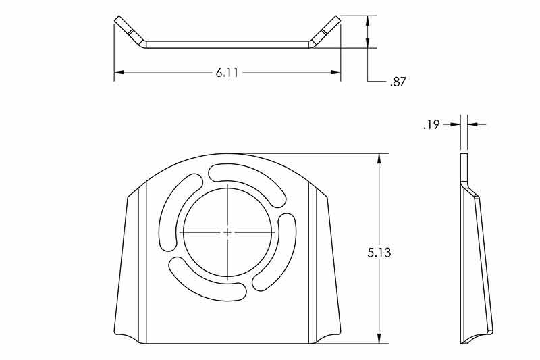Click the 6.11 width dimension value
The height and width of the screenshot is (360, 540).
point(227,72)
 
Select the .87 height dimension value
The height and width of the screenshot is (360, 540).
point(398,82)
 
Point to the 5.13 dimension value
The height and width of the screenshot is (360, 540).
point(379,253)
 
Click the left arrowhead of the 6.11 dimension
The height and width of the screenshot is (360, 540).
point(119,72)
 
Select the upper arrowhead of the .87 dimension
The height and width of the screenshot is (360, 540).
point(367,20)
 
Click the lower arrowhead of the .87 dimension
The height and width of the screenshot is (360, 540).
point(367,43)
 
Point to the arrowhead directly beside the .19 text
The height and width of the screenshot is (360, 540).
point(455,124)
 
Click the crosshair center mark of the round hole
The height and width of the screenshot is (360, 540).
point(228,232)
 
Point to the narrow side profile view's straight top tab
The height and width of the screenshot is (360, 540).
point(463,167)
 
